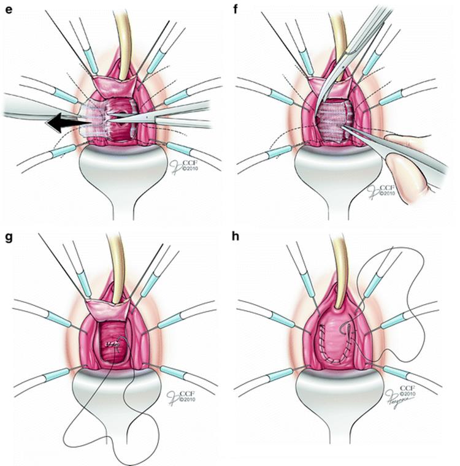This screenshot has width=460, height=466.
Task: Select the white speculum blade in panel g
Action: coord(117,399)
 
